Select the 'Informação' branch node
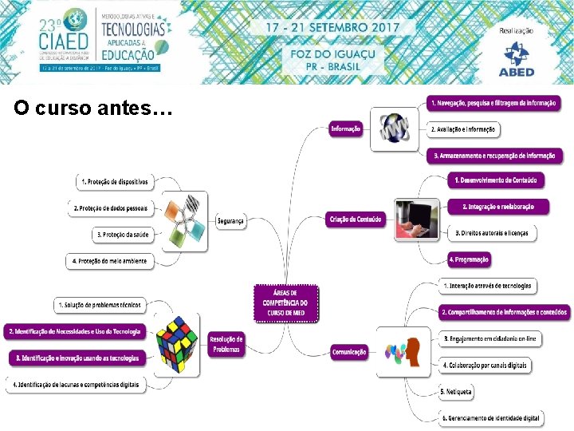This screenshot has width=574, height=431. point(346,129)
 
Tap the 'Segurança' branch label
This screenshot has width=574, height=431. point(230,220)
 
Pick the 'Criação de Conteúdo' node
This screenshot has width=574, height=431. point(355,219)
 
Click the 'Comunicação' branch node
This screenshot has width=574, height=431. point(349,351)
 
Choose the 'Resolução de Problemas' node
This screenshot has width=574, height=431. point(226,344)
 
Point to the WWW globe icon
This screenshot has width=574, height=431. point(394,129)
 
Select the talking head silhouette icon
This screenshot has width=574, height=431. point(403,351)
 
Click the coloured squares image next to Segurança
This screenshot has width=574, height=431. point(184,220)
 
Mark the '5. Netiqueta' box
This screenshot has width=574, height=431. point(457,392)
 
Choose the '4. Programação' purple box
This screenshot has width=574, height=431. point(469,259)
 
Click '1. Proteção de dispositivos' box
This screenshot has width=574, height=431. point(115,182)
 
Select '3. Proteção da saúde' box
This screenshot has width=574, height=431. point(123,235)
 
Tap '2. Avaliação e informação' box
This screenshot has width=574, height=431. point(463,129)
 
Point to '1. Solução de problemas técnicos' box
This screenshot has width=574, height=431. point(100,305)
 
